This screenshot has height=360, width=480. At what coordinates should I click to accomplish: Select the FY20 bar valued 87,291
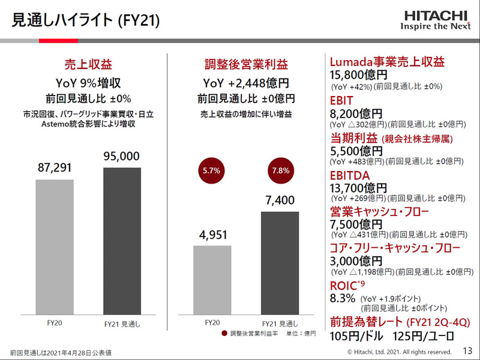[x=55, y=246]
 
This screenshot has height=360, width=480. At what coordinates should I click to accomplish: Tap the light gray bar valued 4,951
[x=212, y=279]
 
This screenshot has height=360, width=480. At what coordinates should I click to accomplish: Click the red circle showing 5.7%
[x=211, y=170]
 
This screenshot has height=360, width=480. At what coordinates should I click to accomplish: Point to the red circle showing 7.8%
[x=280, y=170]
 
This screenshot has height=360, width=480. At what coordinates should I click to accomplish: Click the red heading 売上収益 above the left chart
[x=88, y=65]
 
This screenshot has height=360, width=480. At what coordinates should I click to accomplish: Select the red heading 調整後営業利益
[x=246, y=65]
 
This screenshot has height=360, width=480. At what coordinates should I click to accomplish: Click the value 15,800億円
[x=359, y=75]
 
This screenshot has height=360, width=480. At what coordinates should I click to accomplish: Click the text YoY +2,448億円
[x=246, y=83]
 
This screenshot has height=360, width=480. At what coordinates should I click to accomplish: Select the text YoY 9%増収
[x=88, y=83]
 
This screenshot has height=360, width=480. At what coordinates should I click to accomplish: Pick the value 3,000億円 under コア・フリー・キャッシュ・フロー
[x=356, y=261]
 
